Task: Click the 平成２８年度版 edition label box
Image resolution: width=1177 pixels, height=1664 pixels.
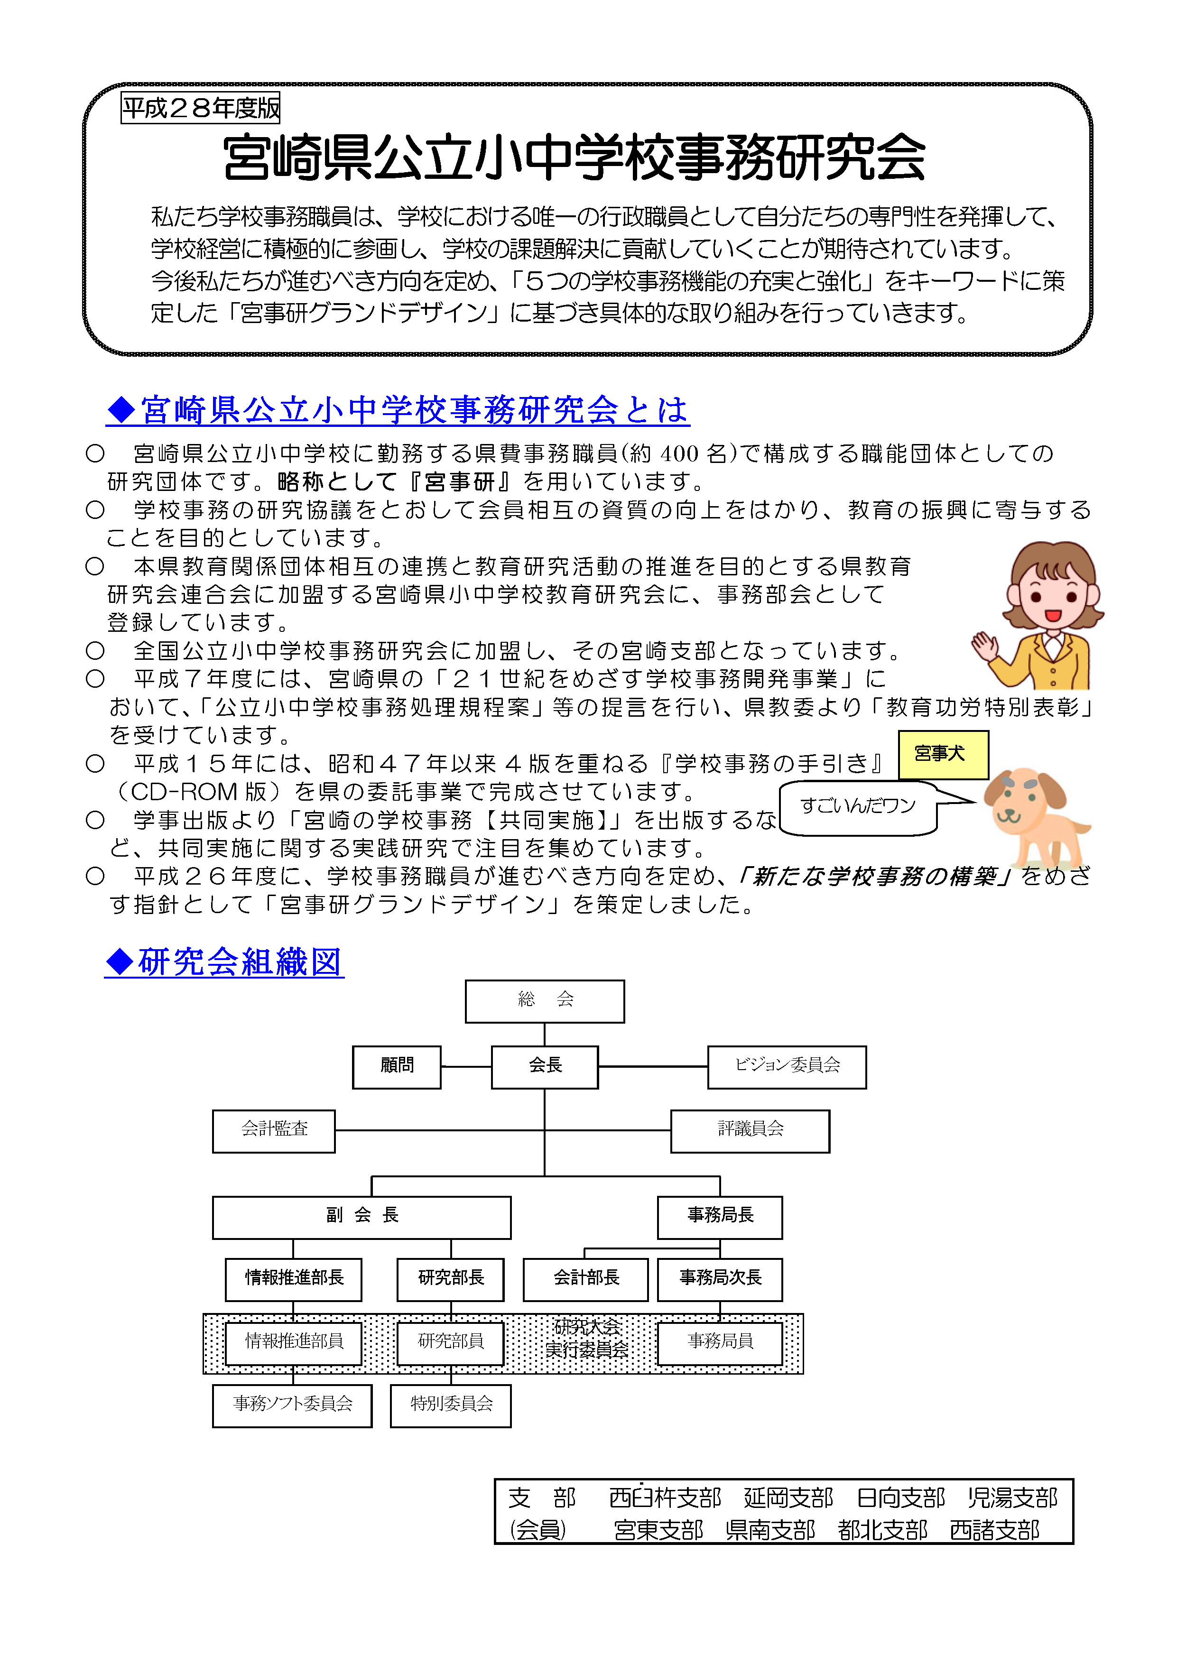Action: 200,108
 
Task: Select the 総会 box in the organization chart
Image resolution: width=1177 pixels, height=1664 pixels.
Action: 544,1001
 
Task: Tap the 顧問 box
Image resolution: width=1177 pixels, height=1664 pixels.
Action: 397,1067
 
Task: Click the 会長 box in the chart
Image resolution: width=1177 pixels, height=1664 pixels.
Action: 544,1067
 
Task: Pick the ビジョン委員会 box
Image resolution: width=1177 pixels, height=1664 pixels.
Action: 787,1067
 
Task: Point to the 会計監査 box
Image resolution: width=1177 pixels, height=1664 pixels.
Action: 273,1130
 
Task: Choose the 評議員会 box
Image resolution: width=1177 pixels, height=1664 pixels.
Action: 750,1130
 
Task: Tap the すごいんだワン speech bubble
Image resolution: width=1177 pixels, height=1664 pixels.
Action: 858,807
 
